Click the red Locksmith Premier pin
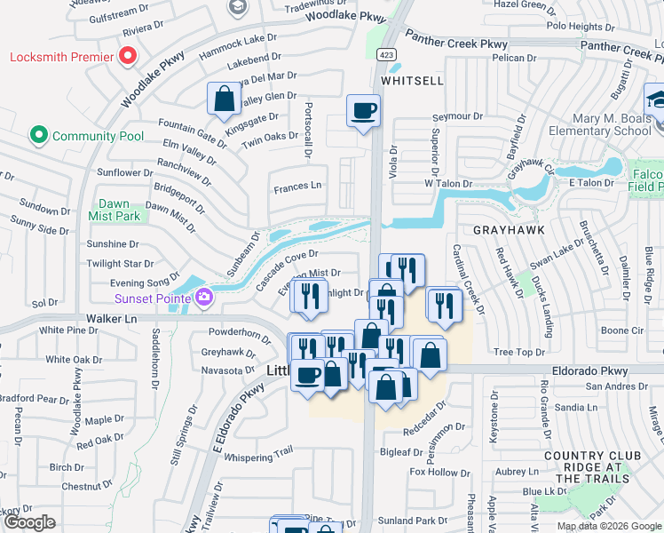(x=128, y=57)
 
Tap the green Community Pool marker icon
(x=38, y=136)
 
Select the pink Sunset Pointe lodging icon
(x=204, y=297)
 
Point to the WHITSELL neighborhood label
(x=412, y=80)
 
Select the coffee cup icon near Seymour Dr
(x=362, y=111)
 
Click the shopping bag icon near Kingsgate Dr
(x=224, y=99)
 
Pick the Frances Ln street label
(x=297, y=186)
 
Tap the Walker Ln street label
(x=111, y=317)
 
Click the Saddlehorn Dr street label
(x=156, y=360)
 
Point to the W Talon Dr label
(x=445, y=183)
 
